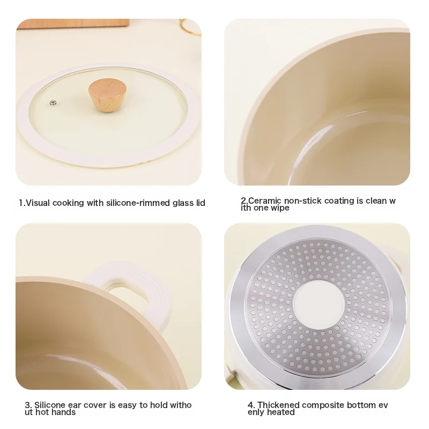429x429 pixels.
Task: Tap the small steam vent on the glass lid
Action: pos(53,102)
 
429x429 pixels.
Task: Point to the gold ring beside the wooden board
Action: pos(191,27)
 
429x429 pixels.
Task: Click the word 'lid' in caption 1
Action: pos(200,203)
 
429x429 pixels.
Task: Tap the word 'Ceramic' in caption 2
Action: pos(265,201)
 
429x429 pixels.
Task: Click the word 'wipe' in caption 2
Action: pos(279,208)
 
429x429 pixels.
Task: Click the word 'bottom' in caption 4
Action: pos(360,405)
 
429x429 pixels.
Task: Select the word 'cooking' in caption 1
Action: pos(68,203)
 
